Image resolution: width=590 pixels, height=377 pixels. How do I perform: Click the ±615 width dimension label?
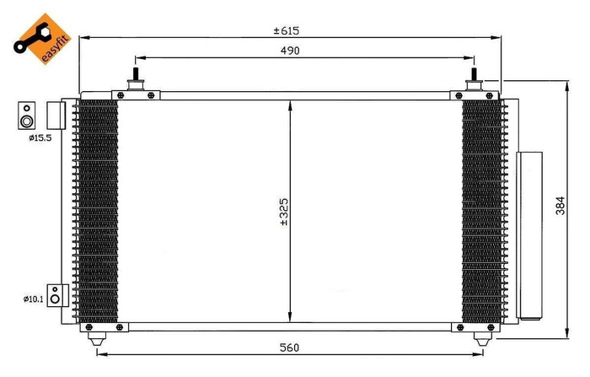287,30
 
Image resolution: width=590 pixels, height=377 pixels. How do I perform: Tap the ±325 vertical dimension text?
284,212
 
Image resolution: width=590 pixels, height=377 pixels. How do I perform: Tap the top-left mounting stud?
134,81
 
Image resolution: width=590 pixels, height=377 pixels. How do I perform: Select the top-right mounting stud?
475,80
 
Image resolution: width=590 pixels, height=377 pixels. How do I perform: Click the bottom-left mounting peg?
98,338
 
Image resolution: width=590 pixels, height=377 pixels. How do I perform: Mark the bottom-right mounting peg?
484,338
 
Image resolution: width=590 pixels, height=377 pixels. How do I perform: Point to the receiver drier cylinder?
530,236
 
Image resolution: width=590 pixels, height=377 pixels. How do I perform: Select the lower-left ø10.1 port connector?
55,295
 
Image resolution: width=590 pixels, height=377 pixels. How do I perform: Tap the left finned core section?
97,211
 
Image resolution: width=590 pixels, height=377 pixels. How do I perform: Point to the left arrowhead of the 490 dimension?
139,58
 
